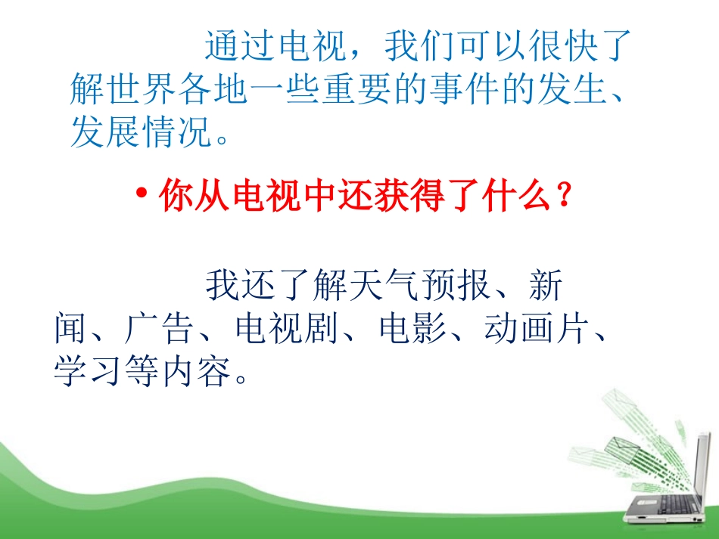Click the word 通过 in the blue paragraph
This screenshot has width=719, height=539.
(240, 46)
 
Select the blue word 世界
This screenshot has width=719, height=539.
(125, 88)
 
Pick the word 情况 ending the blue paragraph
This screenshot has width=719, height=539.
(177, 131)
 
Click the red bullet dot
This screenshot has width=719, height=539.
(142, 193)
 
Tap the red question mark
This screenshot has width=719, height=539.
(565, 195)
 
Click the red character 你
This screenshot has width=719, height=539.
(176, 196)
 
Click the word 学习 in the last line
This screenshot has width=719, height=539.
(88, 370)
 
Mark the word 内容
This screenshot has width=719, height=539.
(196, 370)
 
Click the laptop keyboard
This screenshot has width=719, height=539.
(671, 504)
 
